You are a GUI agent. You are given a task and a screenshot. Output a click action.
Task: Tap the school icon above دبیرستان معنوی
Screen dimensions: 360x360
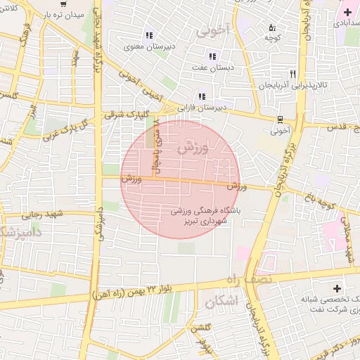148,35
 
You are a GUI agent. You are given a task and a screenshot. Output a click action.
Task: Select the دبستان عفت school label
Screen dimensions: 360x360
212,67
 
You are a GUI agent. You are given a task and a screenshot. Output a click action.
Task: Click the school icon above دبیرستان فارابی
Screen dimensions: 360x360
202,96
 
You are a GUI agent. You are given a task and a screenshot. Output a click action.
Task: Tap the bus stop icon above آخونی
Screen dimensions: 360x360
281,119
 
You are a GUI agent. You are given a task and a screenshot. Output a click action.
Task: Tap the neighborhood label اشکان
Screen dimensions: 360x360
222,302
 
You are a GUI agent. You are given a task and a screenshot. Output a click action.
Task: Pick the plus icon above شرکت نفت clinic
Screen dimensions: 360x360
336,288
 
